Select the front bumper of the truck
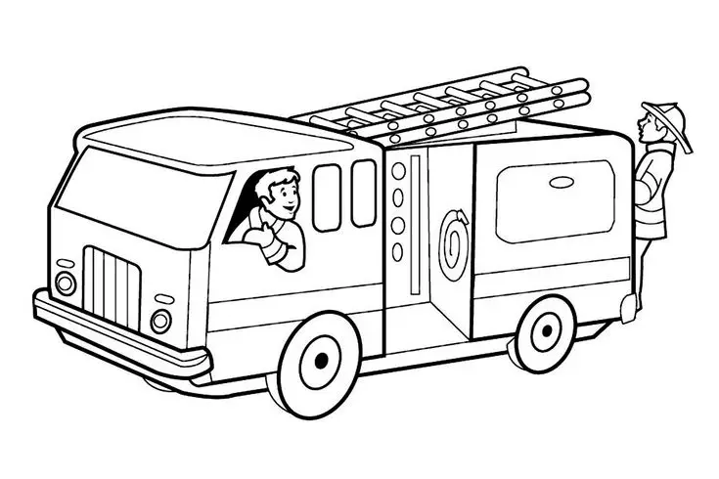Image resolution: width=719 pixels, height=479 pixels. pos(117,332)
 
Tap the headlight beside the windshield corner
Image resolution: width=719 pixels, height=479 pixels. pos(66,283)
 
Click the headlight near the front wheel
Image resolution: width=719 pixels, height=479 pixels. pos(160,320)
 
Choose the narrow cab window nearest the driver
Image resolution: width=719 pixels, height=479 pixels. pos(327,196)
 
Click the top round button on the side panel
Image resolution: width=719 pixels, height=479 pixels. pos(397,171)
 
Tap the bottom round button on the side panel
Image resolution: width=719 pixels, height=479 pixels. pos(397,249)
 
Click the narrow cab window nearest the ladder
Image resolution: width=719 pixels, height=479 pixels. pos(364,193)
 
